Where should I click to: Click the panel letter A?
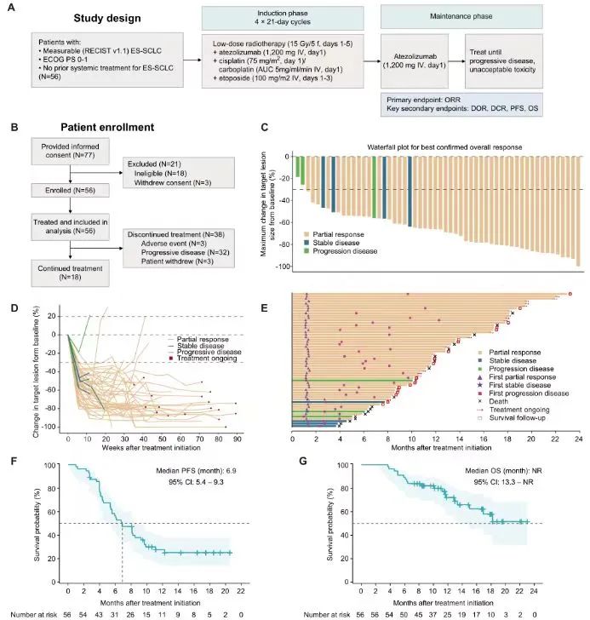tap(11, 7)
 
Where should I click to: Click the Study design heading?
tap(107, 18)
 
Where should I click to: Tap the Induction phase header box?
tap(283, 18)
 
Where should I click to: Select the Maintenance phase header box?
tap(461, 17)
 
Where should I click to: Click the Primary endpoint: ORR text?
tap(423, 100)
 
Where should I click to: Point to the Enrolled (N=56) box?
tap(71, 190)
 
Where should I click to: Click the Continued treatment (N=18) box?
tap(71, 273)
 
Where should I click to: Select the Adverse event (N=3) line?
tap(174, 244)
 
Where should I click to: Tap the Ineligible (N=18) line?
tap(160, 173)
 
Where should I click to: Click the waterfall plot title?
tap(444, 147)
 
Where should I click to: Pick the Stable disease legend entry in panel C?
tap(331, 243)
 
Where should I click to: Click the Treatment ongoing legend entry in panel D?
tap(203, 359)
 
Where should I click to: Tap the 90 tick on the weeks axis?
tap(237, 439)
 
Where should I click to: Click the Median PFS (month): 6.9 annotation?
tap(196, 471)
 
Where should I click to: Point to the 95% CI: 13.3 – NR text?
tap(503, 482)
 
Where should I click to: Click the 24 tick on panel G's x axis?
tap(534, 591)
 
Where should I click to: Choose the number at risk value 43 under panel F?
tap(99, 615)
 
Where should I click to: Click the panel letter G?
tap(303, 461)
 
